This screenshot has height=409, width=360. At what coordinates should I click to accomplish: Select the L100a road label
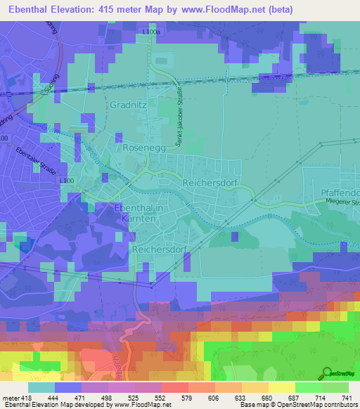150,32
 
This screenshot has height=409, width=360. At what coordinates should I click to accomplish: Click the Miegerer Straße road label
342,202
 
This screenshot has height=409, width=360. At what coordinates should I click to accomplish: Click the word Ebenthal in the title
27,10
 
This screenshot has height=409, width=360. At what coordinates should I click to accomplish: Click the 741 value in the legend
347,398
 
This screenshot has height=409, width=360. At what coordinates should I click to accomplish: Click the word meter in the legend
10,398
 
